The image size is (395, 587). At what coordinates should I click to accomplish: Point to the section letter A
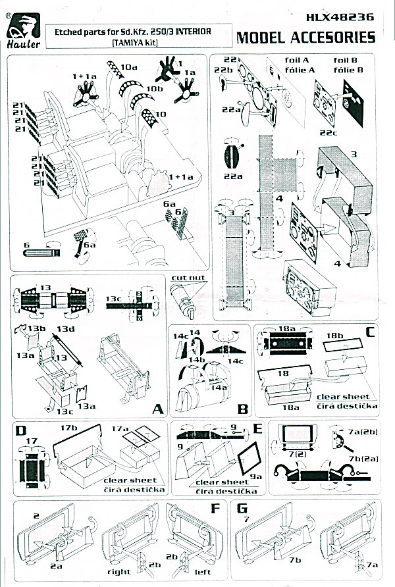coord(157,409)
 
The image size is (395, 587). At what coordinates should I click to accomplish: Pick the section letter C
coord(370,332)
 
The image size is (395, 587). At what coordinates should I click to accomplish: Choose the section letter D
coord(21,432)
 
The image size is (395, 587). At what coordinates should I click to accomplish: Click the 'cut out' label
coord(185,278)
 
